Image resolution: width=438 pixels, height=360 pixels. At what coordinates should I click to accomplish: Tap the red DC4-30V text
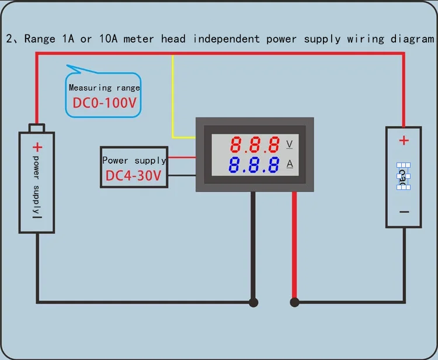coord(134,176)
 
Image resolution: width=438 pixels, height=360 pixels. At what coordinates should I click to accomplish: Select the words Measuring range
coord(105,88)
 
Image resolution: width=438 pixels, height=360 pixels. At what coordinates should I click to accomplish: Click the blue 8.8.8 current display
coord(254,165)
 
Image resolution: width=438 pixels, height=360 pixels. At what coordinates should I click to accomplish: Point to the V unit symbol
coord(290,144)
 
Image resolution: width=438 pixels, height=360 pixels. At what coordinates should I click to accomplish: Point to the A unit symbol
coord(290,164)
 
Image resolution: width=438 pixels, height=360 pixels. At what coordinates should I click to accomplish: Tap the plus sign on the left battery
coord(37,147)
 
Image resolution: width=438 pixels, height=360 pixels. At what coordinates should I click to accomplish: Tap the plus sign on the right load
coord(404,140)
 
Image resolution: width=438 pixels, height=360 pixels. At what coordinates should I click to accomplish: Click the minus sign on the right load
coord(404,212)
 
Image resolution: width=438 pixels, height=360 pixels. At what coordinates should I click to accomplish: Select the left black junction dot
coord(253,302)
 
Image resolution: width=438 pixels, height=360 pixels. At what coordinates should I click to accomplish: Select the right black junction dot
coord(294,302)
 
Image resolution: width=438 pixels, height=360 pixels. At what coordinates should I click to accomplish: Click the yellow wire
coord(173,99)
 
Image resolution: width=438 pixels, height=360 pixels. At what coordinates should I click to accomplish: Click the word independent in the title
coord(227,39)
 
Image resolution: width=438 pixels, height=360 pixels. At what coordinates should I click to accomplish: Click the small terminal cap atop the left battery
coord(37,128)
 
